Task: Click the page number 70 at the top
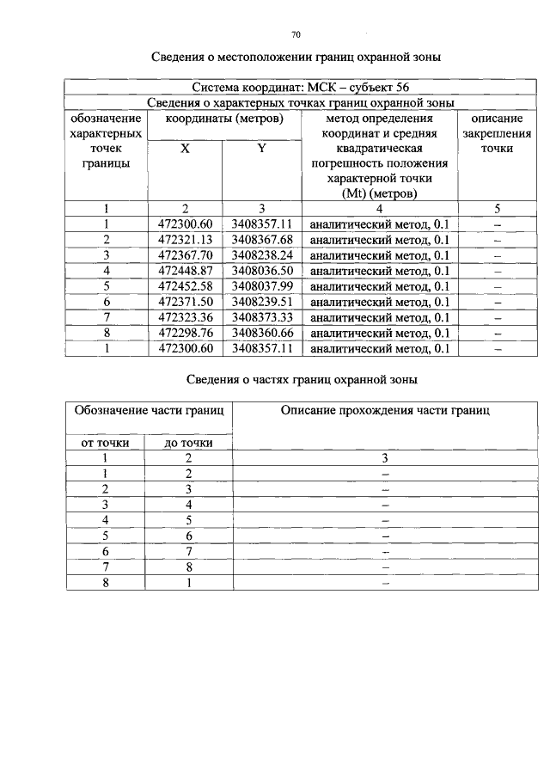[296, 35]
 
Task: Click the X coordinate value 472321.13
[185, 240]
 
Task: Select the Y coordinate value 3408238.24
[262, 255]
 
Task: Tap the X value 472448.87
[185, 271]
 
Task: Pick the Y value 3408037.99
[262, 286]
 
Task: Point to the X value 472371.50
[185, 302]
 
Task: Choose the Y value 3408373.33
[262, 317]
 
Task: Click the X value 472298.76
[185, 333]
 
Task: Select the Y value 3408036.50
[262, 271]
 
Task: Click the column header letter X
[185, 148]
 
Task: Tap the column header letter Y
[261, 148]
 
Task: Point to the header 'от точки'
[105, 443]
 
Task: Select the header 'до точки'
[188, 443]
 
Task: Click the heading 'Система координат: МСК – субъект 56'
[300, 88]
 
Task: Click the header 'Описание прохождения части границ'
[385, 411]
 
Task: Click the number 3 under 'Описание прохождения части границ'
[385, 458]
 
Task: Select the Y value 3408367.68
[262, 240]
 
